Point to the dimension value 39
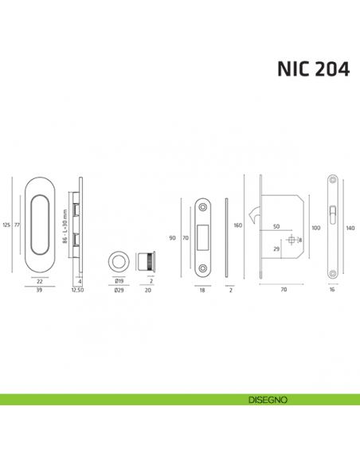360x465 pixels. (x=39, y=291)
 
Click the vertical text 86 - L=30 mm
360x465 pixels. (x=64, y=227)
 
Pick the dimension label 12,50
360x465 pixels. (x=78, y=291)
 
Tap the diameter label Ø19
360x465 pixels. (x=118, y=281)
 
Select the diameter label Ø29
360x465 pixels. (x=118, y=291)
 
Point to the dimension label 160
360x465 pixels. (x=237, y=225)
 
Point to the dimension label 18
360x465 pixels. (x=202, y=291)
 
